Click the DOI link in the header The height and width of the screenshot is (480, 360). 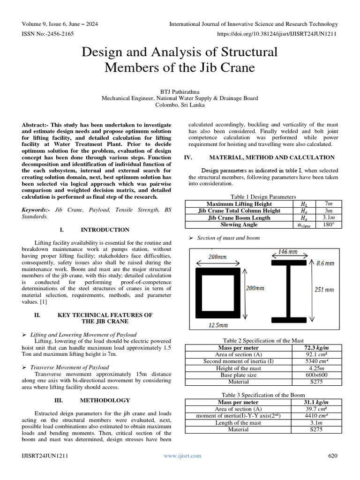[277, 34]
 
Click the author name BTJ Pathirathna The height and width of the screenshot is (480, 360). [180, 91]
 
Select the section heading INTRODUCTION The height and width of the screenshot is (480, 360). [105, 230]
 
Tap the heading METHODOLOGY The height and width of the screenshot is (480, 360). [105, 401]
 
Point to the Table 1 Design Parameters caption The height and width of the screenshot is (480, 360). [263, 197]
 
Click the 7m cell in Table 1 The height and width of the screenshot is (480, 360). [328, 204]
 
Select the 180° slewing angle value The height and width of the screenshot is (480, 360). [328, 225]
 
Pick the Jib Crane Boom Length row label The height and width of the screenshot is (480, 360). [239, 218]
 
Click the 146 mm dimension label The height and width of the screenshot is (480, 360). [287, 252]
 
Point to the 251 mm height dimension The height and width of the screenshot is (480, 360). [324, 290]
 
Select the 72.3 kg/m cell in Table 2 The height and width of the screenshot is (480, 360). [316, 348]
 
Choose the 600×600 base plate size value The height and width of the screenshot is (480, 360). [316, 375]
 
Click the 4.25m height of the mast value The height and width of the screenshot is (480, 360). [316, 368]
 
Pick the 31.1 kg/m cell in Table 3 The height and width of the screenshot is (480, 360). [316, 403]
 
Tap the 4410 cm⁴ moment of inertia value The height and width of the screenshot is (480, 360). [316, 416]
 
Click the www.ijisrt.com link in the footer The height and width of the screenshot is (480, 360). [182, 456]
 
